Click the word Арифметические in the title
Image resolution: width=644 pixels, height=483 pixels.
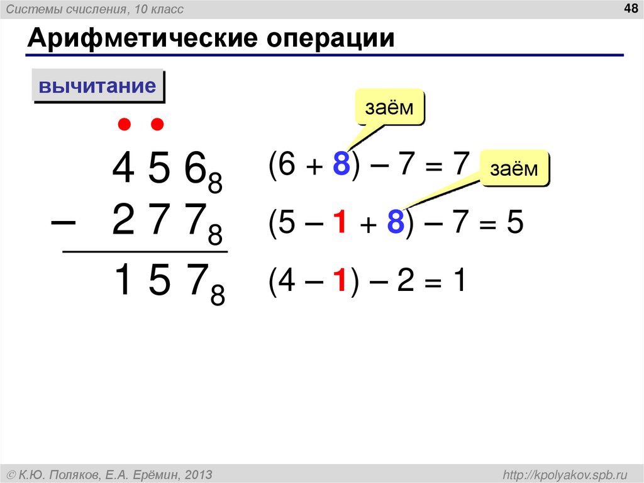140,39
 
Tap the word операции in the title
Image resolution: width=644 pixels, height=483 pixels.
332,39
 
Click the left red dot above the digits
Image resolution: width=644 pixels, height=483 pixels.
125,124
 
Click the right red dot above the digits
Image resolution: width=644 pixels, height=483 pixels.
157,124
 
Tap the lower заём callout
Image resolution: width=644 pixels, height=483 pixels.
514,168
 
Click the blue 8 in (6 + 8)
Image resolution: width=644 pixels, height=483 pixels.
341,165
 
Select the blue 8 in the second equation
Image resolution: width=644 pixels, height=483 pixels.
394,224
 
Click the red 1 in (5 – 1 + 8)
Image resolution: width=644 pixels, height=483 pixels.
340,224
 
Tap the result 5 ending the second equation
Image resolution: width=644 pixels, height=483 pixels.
514,224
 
